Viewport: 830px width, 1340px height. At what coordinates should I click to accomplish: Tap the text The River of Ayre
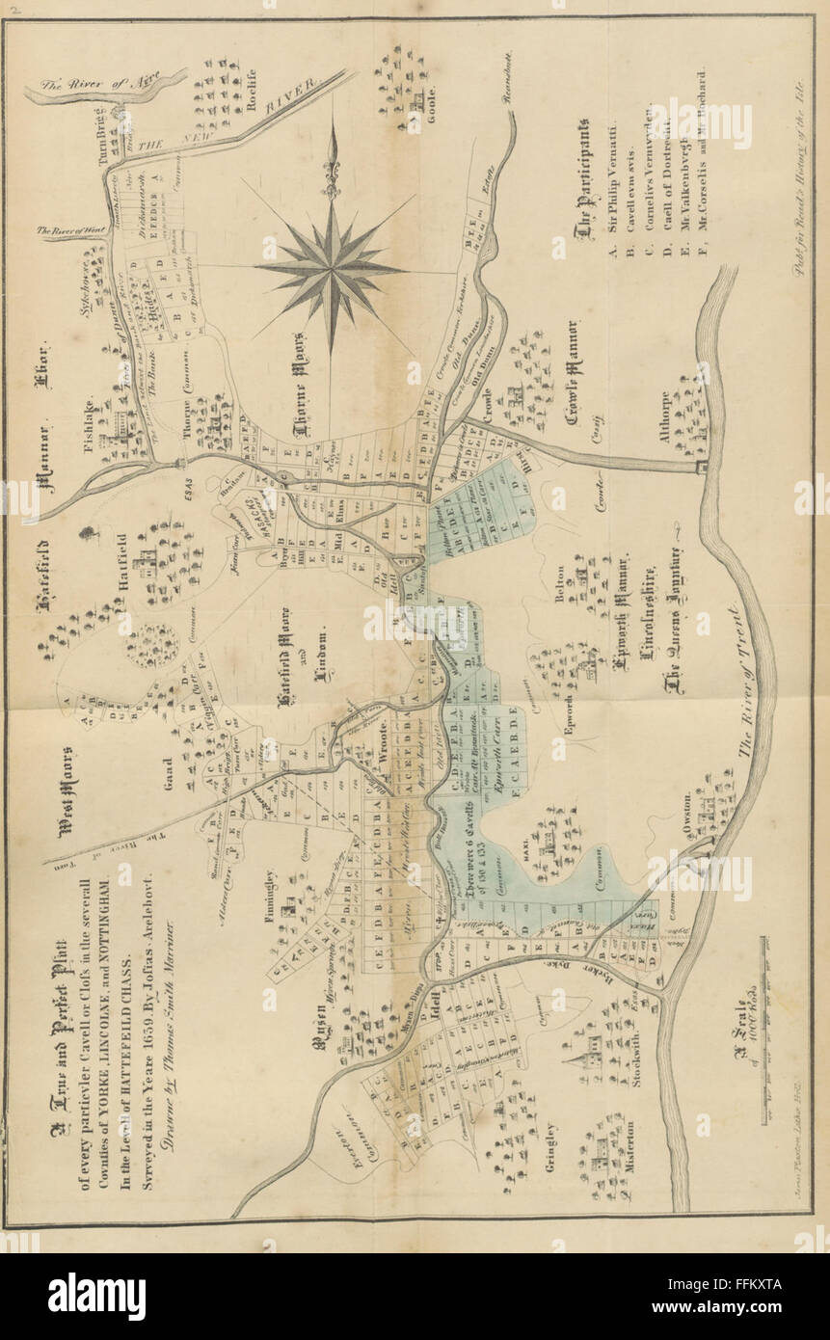[97, 81]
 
